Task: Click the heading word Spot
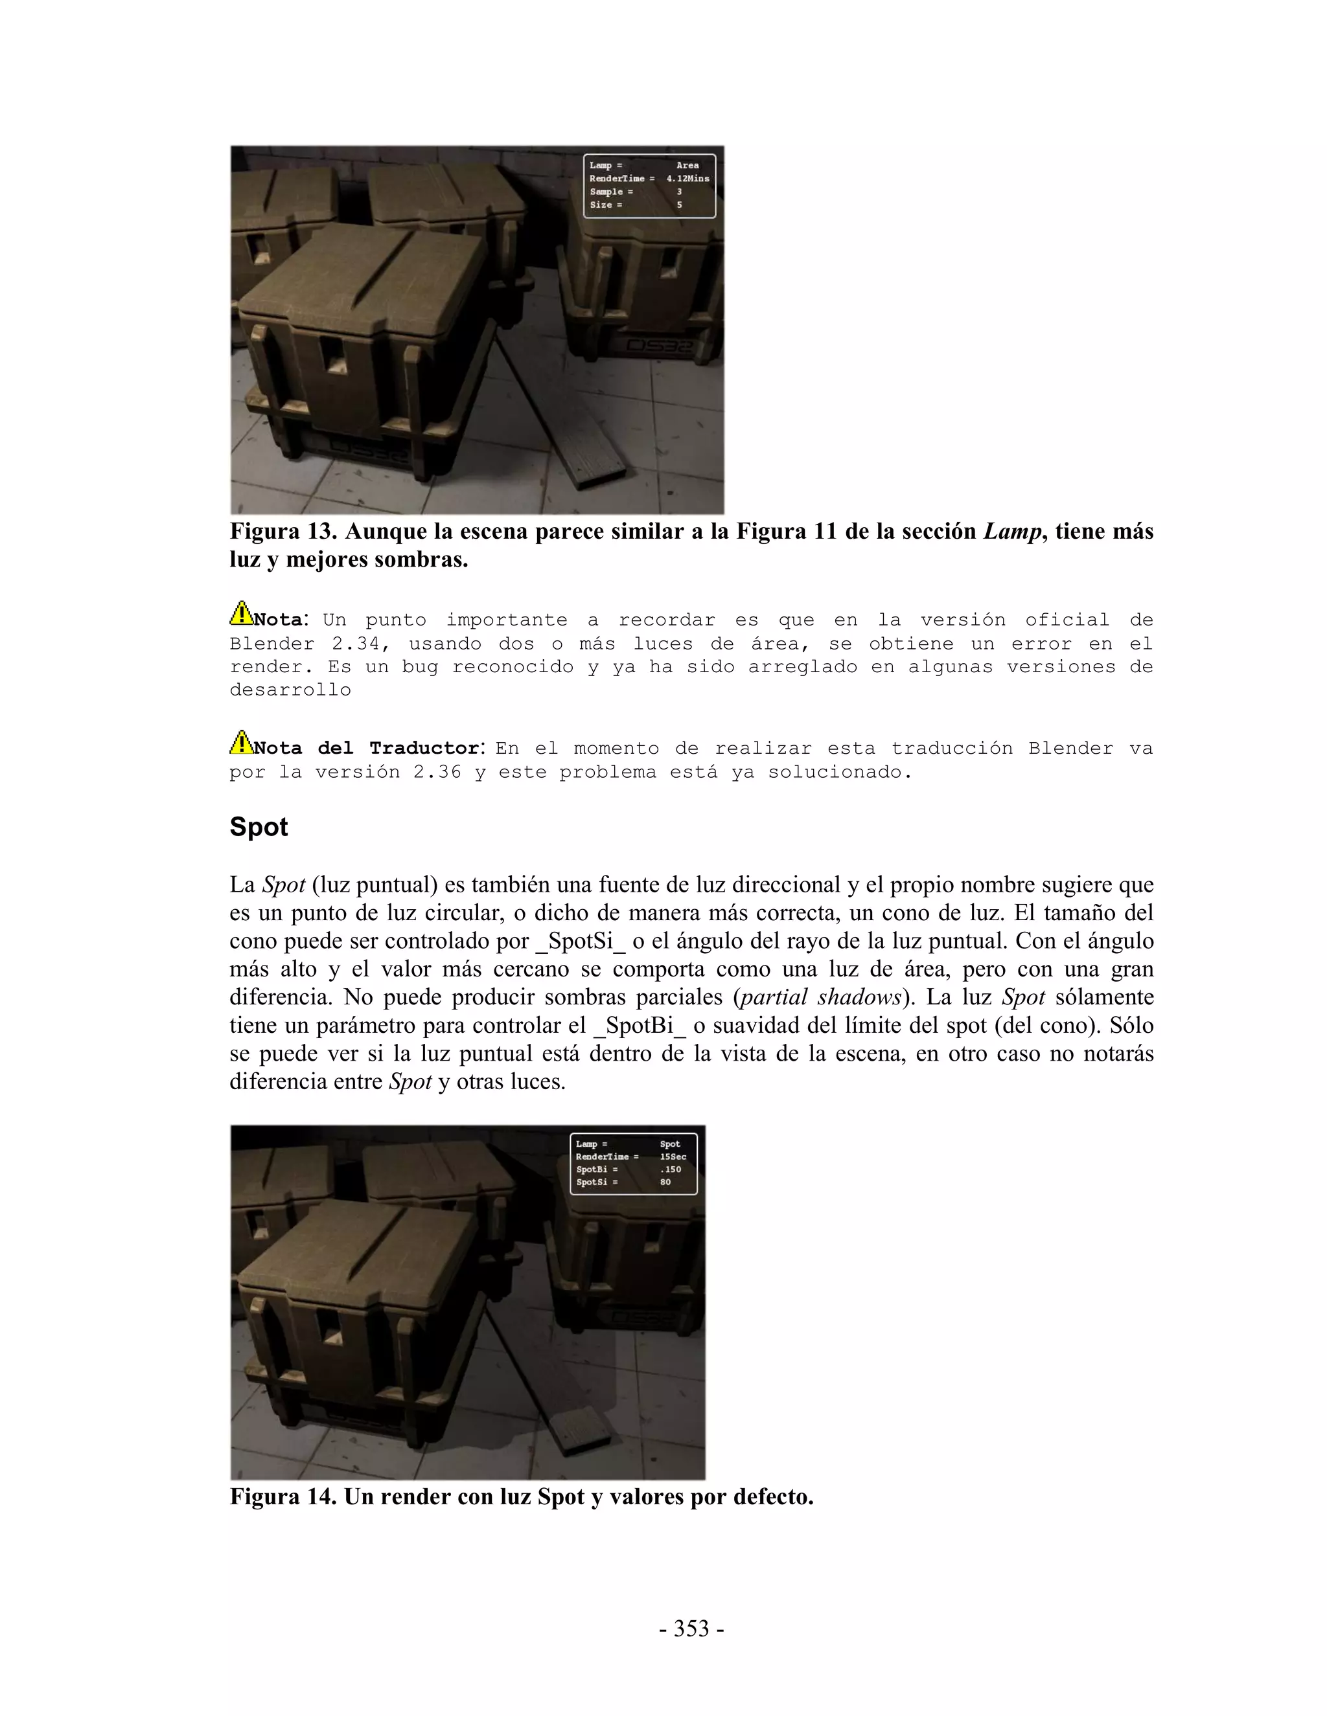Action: click(x=259, y=828)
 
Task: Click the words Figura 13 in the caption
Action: click(x=283, y=532)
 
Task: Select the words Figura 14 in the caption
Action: click(x=283, y=1496)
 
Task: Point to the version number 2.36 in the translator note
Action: click(x=437, y=773)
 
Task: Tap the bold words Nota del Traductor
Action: click(x=366, y=749)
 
